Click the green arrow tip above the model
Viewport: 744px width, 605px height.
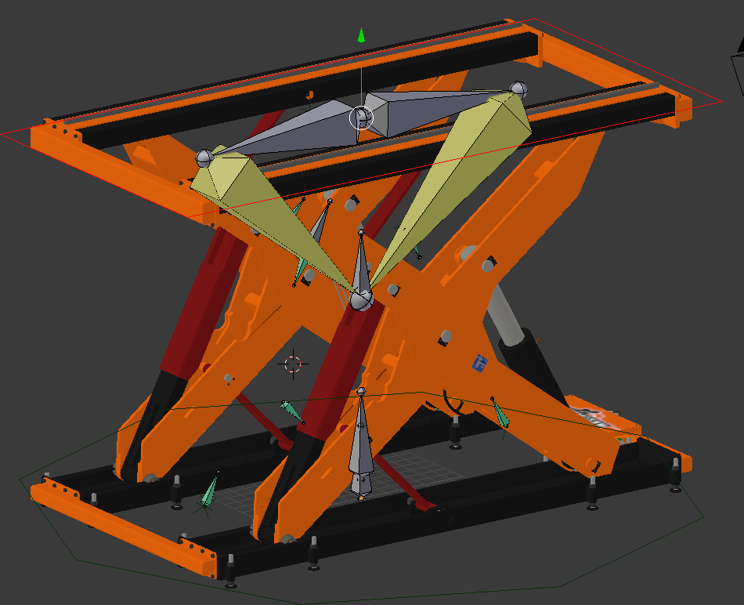tap(361, 34)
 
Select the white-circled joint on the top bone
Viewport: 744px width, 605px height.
tap(361, 118)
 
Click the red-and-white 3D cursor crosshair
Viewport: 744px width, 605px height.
tap(293, 364)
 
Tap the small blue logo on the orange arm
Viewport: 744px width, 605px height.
tap(480, 362)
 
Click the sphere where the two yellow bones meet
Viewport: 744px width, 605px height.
tap(361, 299)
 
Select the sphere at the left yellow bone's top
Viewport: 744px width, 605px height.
tap(204, 157)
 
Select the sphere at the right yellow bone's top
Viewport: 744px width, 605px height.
tap(518, 89)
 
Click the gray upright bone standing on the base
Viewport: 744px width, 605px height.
tap(360, 447)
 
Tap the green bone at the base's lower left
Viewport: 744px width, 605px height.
tap(209, 491)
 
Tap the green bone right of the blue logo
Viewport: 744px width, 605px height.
tap(499, 413)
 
